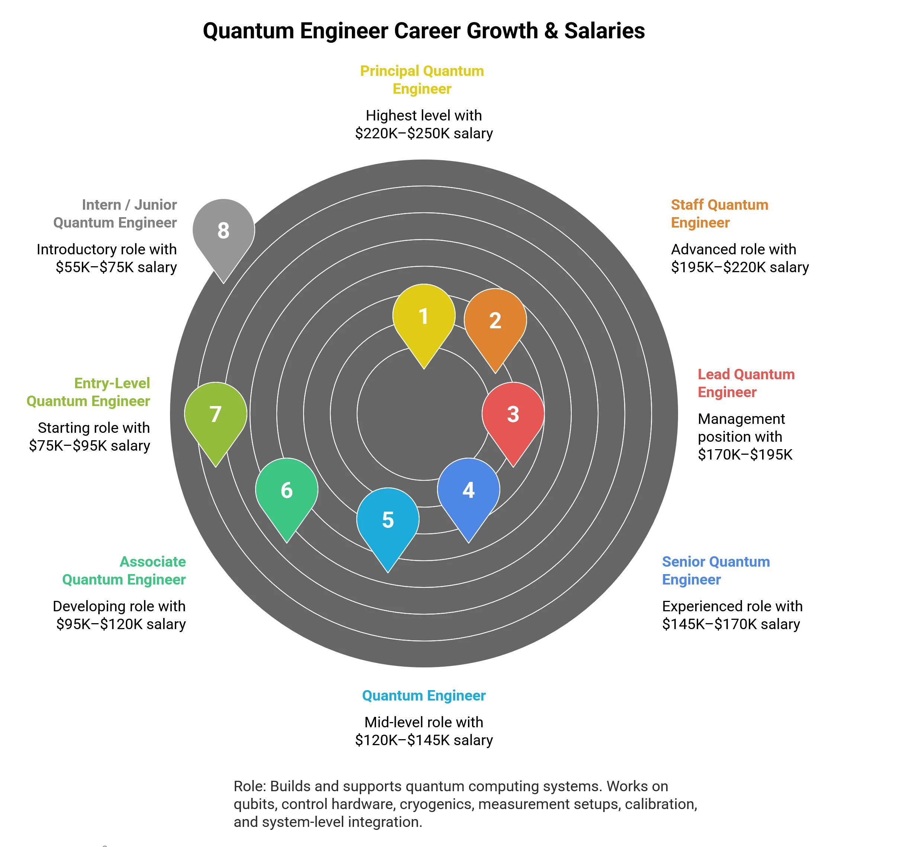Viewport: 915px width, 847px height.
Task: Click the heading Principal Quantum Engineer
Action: [x=422, y=80]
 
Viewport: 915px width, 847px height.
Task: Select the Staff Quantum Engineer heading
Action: [x=719, y=213]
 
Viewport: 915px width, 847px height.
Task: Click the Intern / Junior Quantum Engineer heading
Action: [x=115, y=213]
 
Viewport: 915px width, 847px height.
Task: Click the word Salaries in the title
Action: [x=604, y=31]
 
